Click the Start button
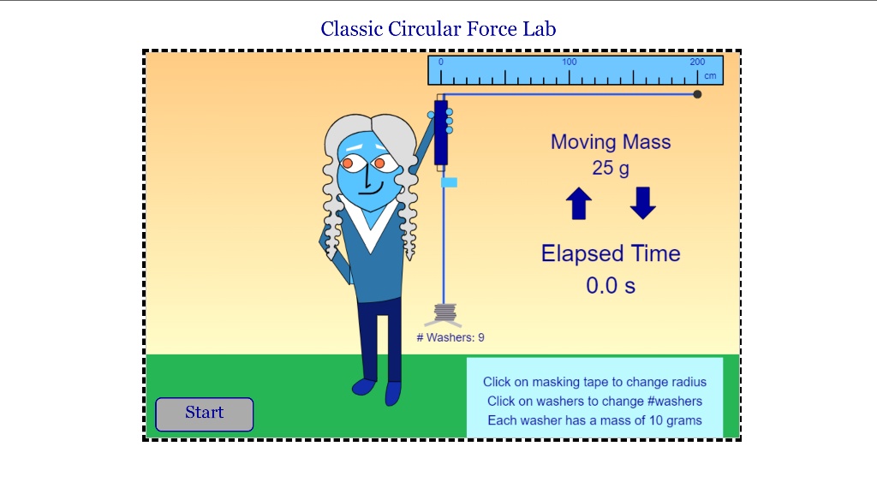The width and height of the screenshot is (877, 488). pyautogui.click(x=204, y=414)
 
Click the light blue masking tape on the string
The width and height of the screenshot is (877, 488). pyautogui.click(x=449, y=182)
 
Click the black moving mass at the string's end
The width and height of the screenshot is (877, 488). pyautogui.click(x=697, y=94)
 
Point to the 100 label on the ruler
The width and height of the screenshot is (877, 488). pyautogui.click(x=569, y=62)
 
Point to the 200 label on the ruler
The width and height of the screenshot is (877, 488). pyautogui.click(x=697, y=62)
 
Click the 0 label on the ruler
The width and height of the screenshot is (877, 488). pyautogui.click(x=441, y=62)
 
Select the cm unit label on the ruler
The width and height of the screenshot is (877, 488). pyautogui.click(x=710, y=76)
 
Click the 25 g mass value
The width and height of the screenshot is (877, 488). pyautogui.click(x=610, y=168)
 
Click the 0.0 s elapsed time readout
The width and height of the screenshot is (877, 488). pyautogui.click(x=610, y=286)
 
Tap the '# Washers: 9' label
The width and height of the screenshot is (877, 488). pyautogui.click(x=450, y=337)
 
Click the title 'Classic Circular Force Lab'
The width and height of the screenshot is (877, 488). pyautogui.click(x=438, y=29)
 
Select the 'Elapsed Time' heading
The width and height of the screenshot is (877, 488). pyautogui.click(x=610, y=253)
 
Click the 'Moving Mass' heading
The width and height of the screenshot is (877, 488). pyautogui.click(x=610, y=142)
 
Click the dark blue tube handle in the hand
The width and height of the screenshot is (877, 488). pyautogui.click(x=441, y=133)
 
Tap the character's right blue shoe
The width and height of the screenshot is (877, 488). pyautogui.click(x=393, y=393)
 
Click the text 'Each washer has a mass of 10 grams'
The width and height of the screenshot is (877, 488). pyautogui.click(x=594, y=420)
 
